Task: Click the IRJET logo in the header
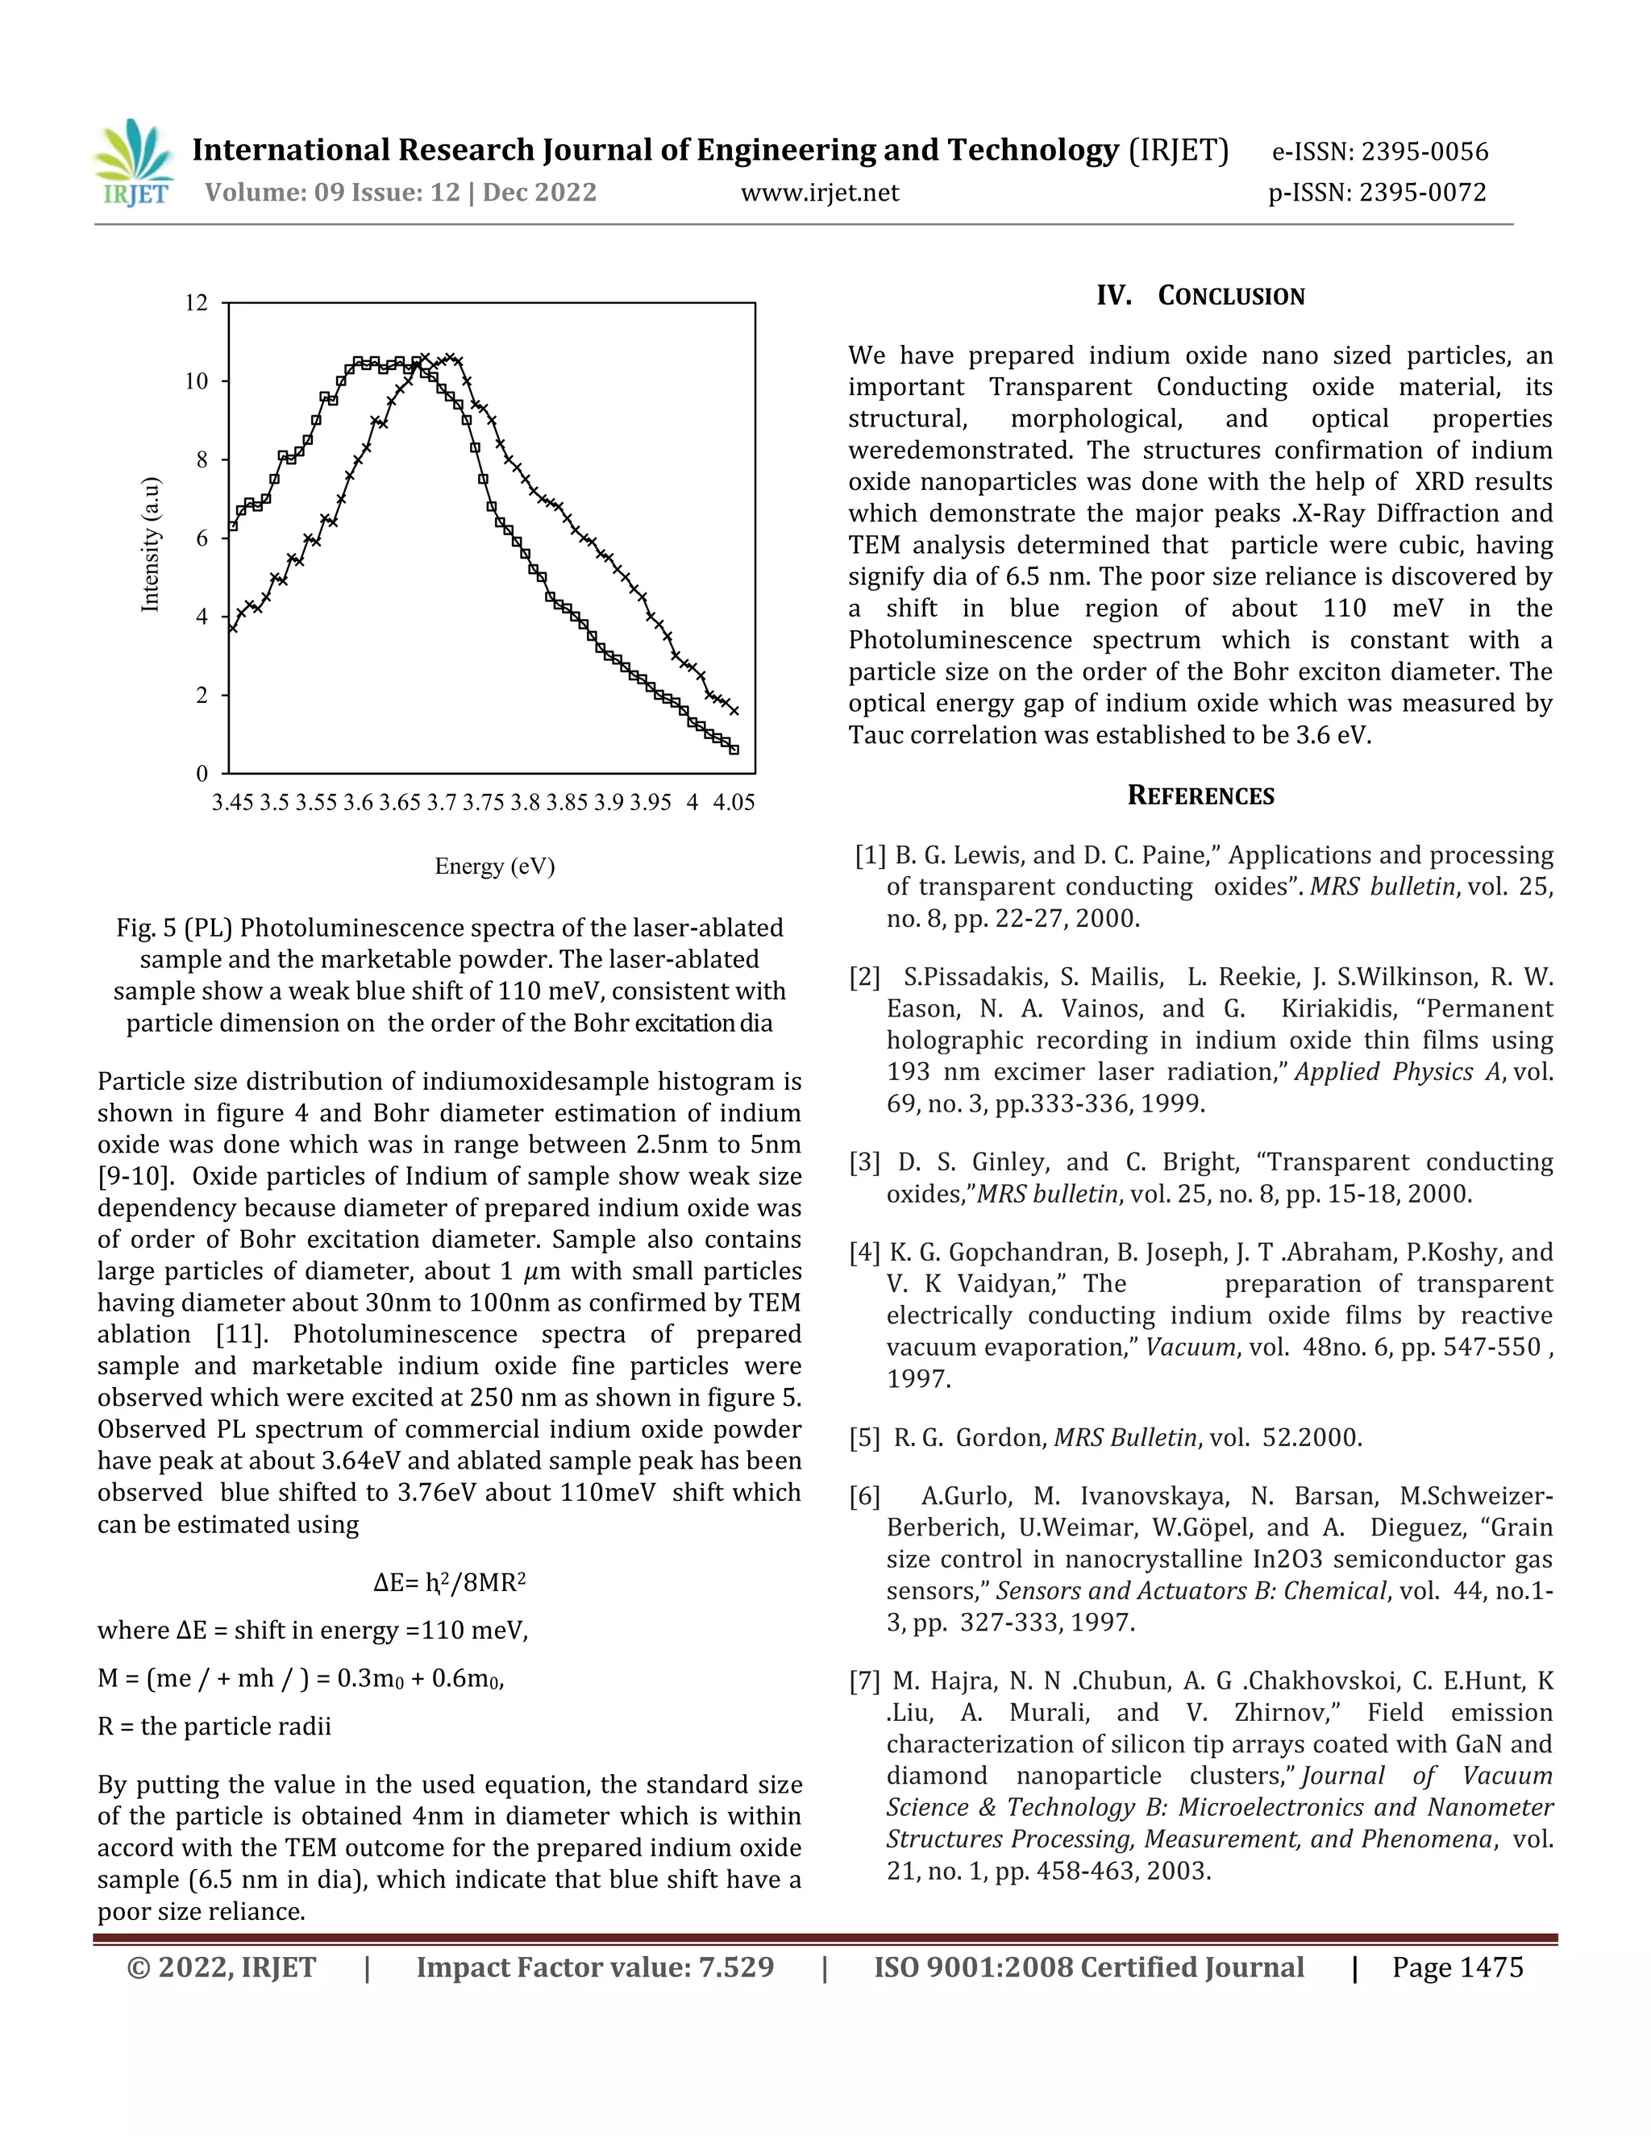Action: pos(134,164)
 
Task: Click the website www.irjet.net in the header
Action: pos(820,193)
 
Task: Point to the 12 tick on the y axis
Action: pos(197,302)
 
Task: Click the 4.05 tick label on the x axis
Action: pos(734,802)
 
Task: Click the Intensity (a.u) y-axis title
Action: pos(150,545)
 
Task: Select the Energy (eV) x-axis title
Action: pos(495,866)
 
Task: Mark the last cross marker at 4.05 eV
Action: pos(734,710)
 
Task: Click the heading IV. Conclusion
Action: pos(1200,295)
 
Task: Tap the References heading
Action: pos(1200,795)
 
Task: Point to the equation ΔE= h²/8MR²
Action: pos(449,1582)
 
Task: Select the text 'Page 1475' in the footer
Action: pos(1458,1967)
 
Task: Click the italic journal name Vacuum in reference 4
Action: pos(1191,1347)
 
